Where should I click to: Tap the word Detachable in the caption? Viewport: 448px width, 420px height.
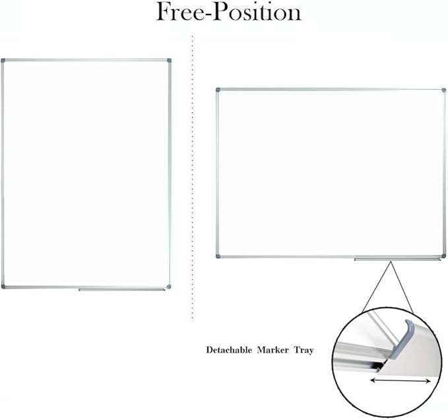pyautogui.click(x=229, y=350)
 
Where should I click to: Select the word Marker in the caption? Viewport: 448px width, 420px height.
pyautogui.click(x=272, y=350)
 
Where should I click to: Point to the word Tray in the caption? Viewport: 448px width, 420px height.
pyautogui.click(x=304, y=351)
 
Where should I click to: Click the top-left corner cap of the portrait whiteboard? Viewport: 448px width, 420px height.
pyautogui.click(x=3, y=61)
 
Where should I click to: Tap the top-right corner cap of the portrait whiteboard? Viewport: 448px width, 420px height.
pyautogui.click(x=169, y=61)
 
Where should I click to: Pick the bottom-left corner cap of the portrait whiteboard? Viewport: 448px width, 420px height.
pyautogui.click(x=3, y=287)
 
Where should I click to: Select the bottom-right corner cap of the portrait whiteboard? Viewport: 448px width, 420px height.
pyautogui.click(x=169, y=287)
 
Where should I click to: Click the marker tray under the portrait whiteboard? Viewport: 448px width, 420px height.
pyautogui.click(x=121, y=290)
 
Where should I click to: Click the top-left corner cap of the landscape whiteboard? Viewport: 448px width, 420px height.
pyautogui.click(x=218, y=90)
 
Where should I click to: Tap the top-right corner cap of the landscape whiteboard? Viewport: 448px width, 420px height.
pyautogui.click(x=444, y=90)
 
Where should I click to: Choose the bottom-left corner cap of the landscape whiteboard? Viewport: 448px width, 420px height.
pyautogui.click(x=218, y=256)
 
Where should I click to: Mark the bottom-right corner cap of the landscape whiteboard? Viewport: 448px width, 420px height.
pyautogui.click(x=444, y=256)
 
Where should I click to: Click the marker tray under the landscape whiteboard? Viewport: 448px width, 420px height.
pyautogui.click(x=398, y=260)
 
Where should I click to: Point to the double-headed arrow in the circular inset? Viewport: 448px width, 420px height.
pyautogui.click(x=400, y=380)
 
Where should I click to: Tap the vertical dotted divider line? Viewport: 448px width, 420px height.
pyautogui.click(x=192, y=177)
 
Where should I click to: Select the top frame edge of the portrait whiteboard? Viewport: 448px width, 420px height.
pyautogui.click(x=86, y=60)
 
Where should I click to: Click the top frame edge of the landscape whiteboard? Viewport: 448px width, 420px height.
pyautogui.click(x=331, y=90)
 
